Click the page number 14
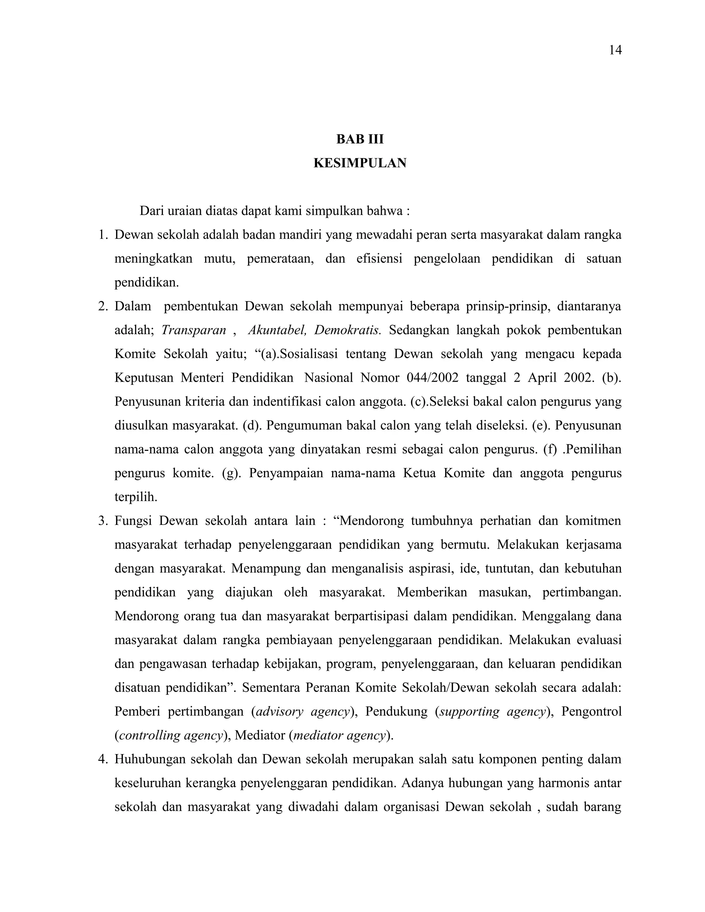[x=615, y=51]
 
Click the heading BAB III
[x=360, y=139]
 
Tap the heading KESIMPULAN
[x=360, y=163]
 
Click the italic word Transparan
[x=193, y=330]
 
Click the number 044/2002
[x=432, y=378]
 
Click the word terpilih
[x=136, y=497]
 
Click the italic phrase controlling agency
[x=170, y=735]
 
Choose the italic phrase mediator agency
[x=339, y=735]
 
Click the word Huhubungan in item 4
[x=149, y=759]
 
